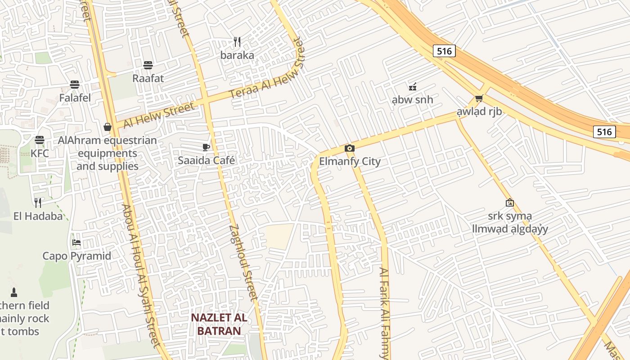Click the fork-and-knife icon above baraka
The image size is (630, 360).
point(237,42)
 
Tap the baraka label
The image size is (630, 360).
point(237,55)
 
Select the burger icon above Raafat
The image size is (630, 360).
point(148,65)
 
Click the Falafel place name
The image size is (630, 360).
point(75,98)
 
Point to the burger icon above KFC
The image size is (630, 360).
point(40,140)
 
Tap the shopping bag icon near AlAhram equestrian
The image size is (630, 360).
point(108,127)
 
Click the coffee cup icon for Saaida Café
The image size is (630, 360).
point(206,147)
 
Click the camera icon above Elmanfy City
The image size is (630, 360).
point(349,148)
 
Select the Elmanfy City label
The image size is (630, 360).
point(350,162)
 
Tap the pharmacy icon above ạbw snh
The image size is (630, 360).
point(412,86)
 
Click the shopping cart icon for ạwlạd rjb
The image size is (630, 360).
point(479,98)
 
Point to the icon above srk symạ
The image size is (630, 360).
point(509,202)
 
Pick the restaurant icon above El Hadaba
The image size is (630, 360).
point(38,202)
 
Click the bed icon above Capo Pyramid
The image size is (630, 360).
point(76,243)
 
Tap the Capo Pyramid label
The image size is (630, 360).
point(76,256)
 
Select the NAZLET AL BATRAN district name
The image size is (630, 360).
point(219,324)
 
